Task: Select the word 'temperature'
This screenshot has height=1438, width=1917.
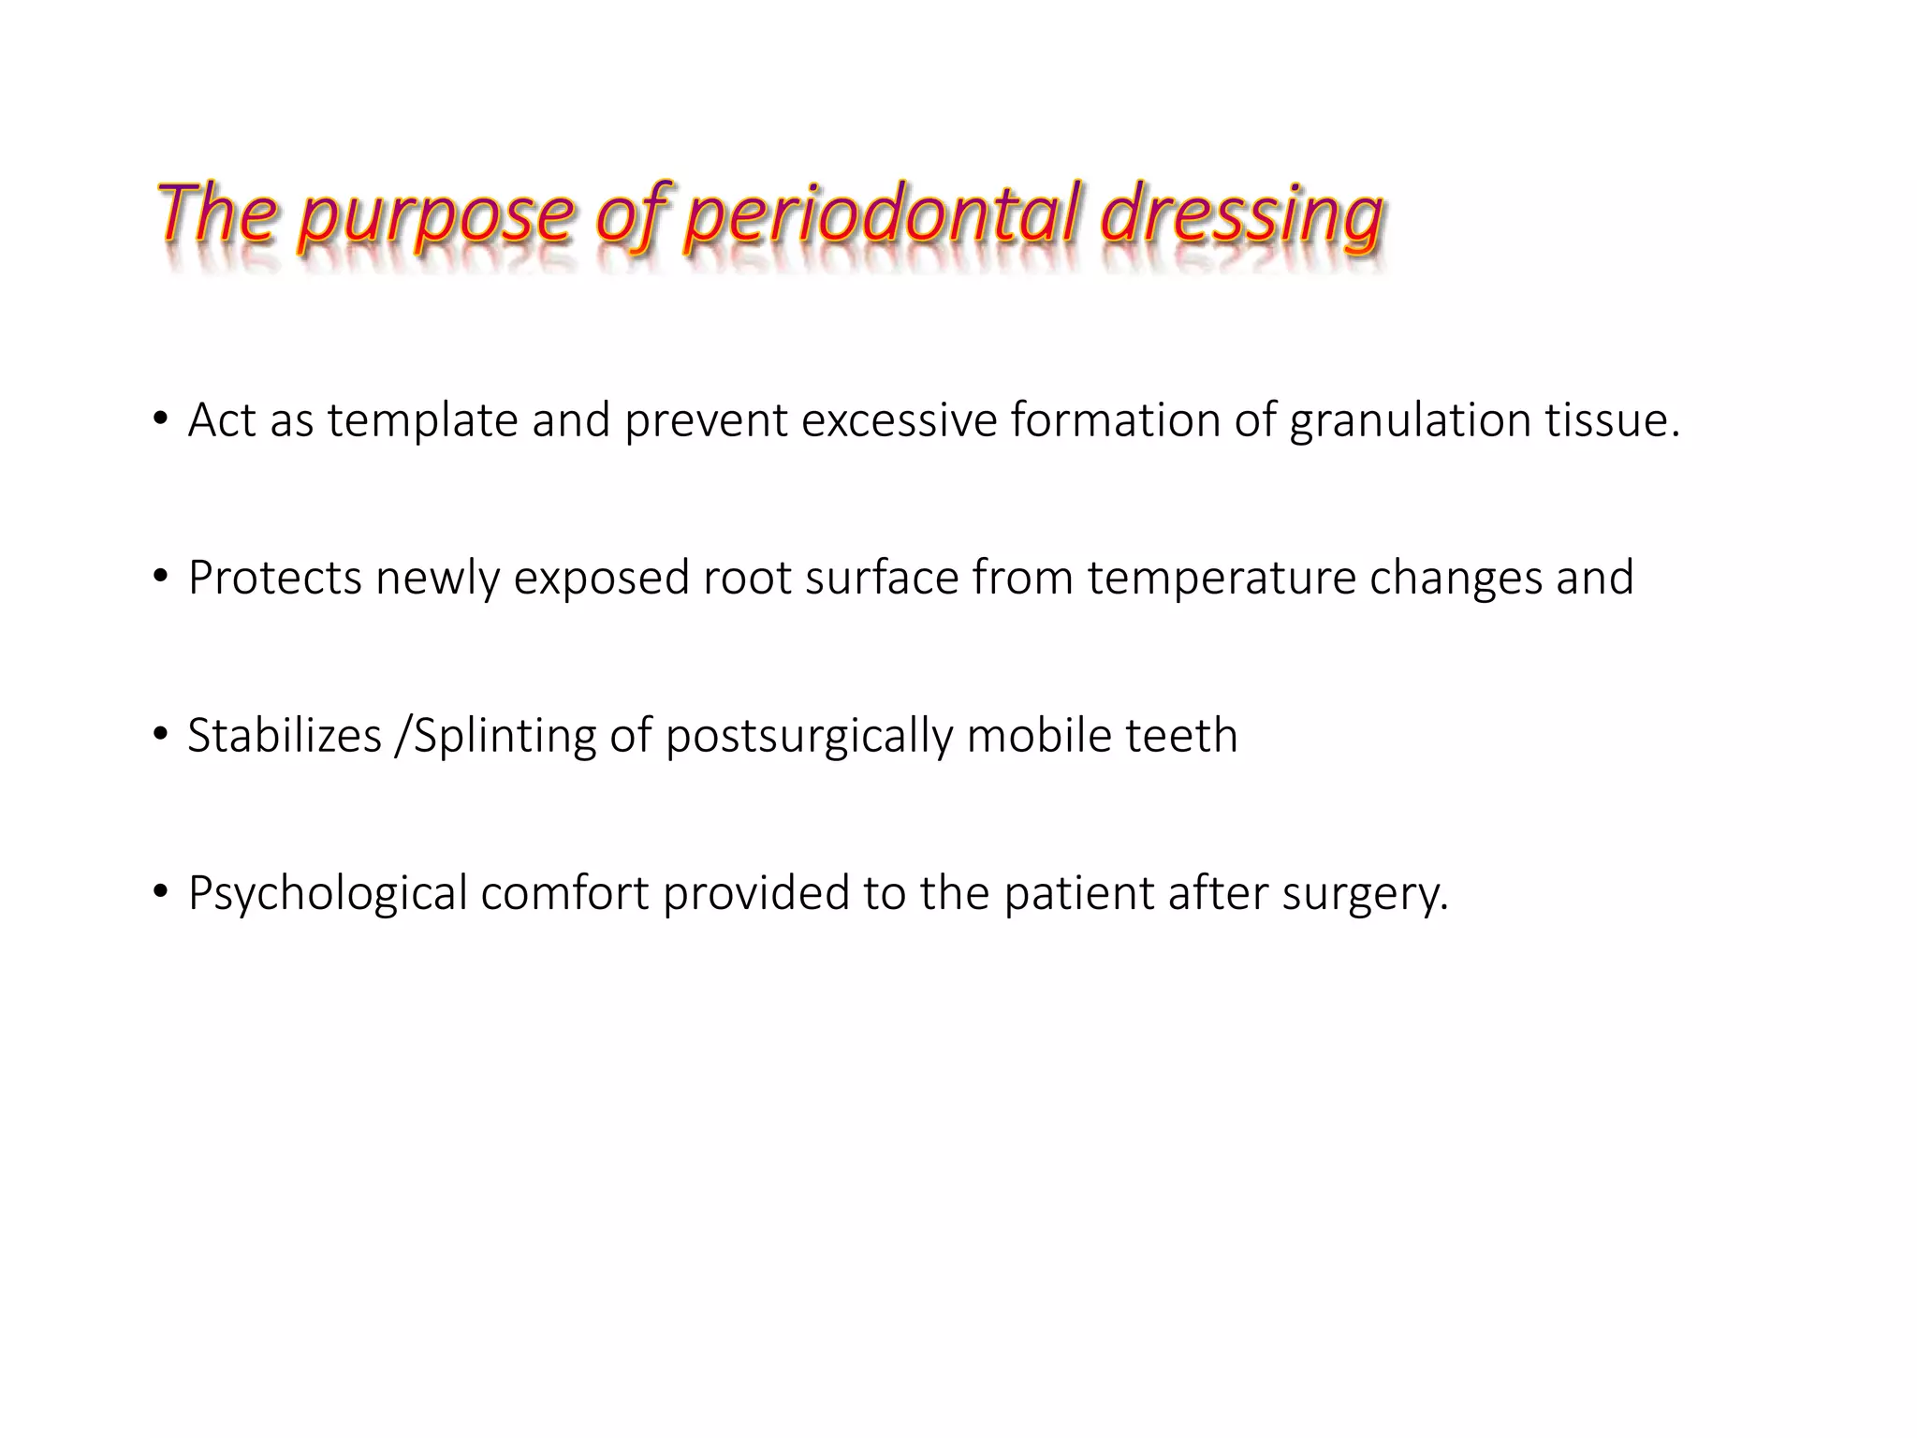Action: (1222, 578)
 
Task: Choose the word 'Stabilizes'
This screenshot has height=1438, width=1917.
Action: (285, 736)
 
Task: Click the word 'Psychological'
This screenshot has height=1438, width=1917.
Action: (328, 893)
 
